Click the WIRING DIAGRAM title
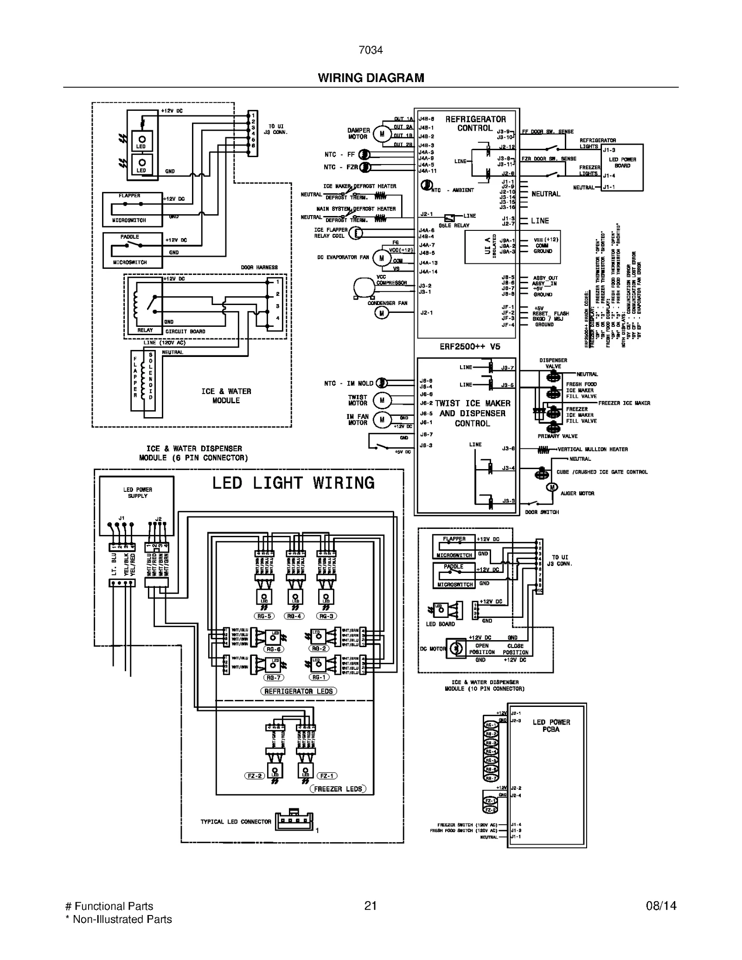click(371, 78)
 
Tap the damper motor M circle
click(382, 134)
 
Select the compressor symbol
click(363, 287)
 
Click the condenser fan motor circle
click(381, 313)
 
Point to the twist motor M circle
click(382, 400)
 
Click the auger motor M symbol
click(552, 487)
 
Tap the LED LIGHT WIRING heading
click(293, 483)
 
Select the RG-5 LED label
click(264, 616)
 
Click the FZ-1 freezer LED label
click(327, 776)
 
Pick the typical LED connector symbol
click(294, 821)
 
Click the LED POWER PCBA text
click(551, 725)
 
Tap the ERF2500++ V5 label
click(470, 346)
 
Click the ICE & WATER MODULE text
click(226, 396)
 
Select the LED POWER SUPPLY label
click(137, 493)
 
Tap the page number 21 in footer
click(370, 906)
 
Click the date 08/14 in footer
click(661, 906)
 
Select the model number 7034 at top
click(371, 50)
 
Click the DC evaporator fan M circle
click(381, 258)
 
